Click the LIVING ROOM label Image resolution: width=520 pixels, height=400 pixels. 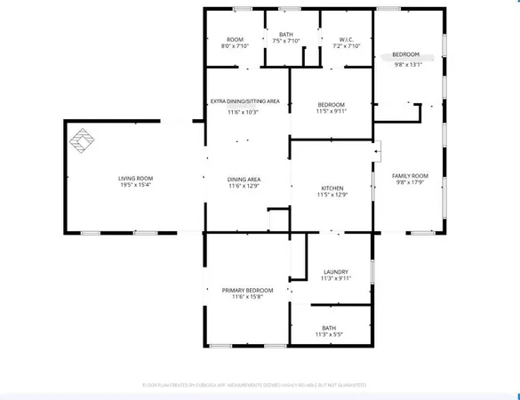point(136,179)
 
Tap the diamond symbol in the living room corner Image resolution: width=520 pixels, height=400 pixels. point(82,140)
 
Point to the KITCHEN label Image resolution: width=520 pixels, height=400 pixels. point(332,188)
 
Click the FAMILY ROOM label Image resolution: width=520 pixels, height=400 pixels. point(411,175)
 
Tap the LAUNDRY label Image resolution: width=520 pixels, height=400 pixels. point(335,272)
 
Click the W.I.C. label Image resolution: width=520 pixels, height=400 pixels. point(348,39)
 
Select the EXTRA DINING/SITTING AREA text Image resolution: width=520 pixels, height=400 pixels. point(244,101)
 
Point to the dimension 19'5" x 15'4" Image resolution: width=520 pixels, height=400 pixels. point(136,185)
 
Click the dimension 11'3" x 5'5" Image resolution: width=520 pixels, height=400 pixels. point(331,335)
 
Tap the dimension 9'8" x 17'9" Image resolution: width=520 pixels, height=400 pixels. point(411,182)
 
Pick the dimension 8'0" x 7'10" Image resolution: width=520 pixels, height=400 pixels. point(235,45)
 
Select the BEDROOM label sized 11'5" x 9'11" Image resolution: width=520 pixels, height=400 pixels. point(332,105)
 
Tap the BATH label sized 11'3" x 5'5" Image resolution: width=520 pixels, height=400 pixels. point(331,328)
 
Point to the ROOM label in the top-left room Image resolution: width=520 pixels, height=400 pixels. point(235,39)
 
